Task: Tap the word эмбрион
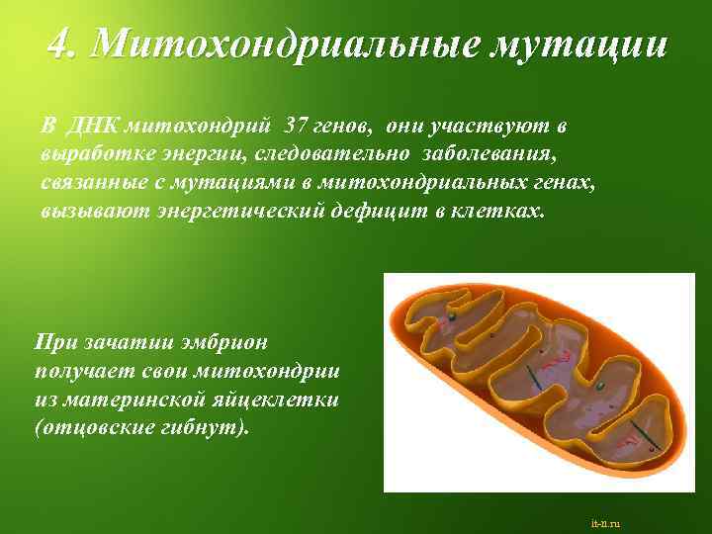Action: pos(230,342)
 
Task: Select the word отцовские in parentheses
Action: pos(94,427)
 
